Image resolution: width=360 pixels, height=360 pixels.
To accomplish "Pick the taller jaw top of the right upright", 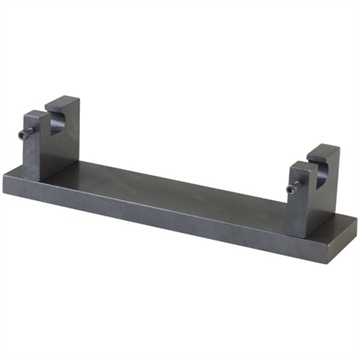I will pos(326,149).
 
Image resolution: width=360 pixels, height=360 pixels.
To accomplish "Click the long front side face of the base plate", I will pos(180,225).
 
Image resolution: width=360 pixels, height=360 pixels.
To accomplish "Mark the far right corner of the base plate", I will pos(356,225).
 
